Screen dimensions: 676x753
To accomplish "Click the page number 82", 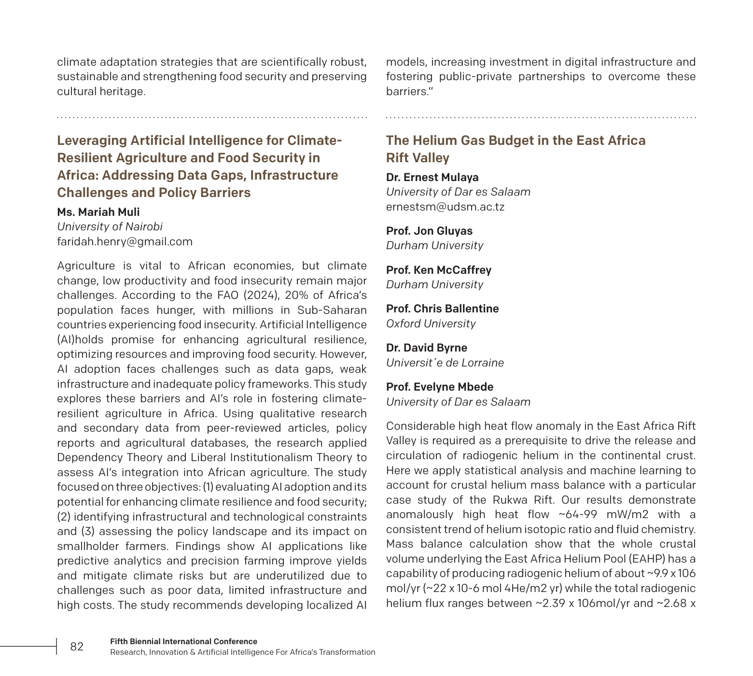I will point(77,647).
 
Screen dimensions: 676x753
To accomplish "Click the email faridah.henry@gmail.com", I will point(125,241).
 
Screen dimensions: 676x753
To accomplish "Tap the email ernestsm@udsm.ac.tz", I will point(445,207).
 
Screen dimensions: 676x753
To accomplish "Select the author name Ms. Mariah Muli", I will point(98,212).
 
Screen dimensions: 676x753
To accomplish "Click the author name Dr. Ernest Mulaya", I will point(432,177).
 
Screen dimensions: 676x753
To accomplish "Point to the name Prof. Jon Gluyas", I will point(429,231).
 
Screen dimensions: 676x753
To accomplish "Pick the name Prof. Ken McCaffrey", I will point(438,270).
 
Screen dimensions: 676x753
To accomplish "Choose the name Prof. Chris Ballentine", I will point(442,309).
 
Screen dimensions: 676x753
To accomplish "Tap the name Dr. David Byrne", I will point(426,348).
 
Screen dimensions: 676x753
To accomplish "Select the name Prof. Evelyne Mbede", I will point(439,387).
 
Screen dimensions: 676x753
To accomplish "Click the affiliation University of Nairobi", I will point(110,226).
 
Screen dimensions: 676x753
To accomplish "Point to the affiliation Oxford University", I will point(431,324).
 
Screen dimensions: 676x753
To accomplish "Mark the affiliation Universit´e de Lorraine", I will point(445,363).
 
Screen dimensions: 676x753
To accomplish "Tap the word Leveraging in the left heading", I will point(92,141).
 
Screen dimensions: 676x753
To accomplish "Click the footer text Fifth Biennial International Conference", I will point(183,641).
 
